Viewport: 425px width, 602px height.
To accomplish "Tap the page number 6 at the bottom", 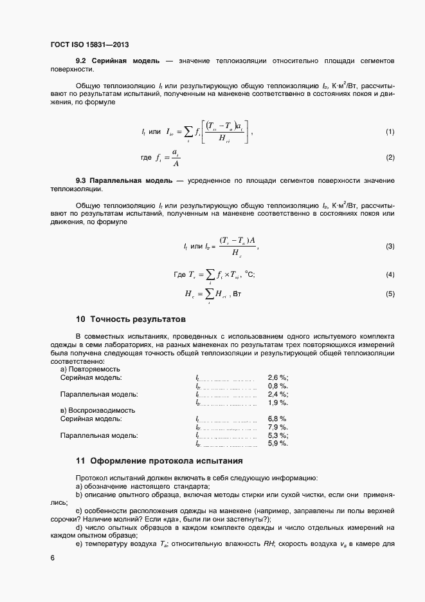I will point(52,558).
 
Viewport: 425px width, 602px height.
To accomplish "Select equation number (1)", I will point(390,132).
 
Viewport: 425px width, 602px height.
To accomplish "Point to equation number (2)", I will point(390,158).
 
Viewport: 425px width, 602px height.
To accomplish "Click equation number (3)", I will point(390,247).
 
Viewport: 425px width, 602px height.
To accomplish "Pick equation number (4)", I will point(390,275).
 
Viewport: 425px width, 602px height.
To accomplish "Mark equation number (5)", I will point(390,294).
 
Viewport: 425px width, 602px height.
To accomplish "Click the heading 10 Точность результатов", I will point(131,319).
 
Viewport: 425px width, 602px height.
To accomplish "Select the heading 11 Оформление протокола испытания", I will point(159,460).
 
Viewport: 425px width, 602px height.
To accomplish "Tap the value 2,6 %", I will point(278,378).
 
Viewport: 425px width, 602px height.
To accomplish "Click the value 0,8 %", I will point(278,386).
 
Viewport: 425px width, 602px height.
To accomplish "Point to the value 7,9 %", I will point(278,428).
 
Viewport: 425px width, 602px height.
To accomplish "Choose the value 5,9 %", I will point(278,444).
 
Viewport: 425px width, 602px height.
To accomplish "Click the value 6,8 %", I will point(277,419).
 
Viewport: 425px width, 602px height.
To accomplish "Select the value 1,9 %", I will point(278,402).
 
